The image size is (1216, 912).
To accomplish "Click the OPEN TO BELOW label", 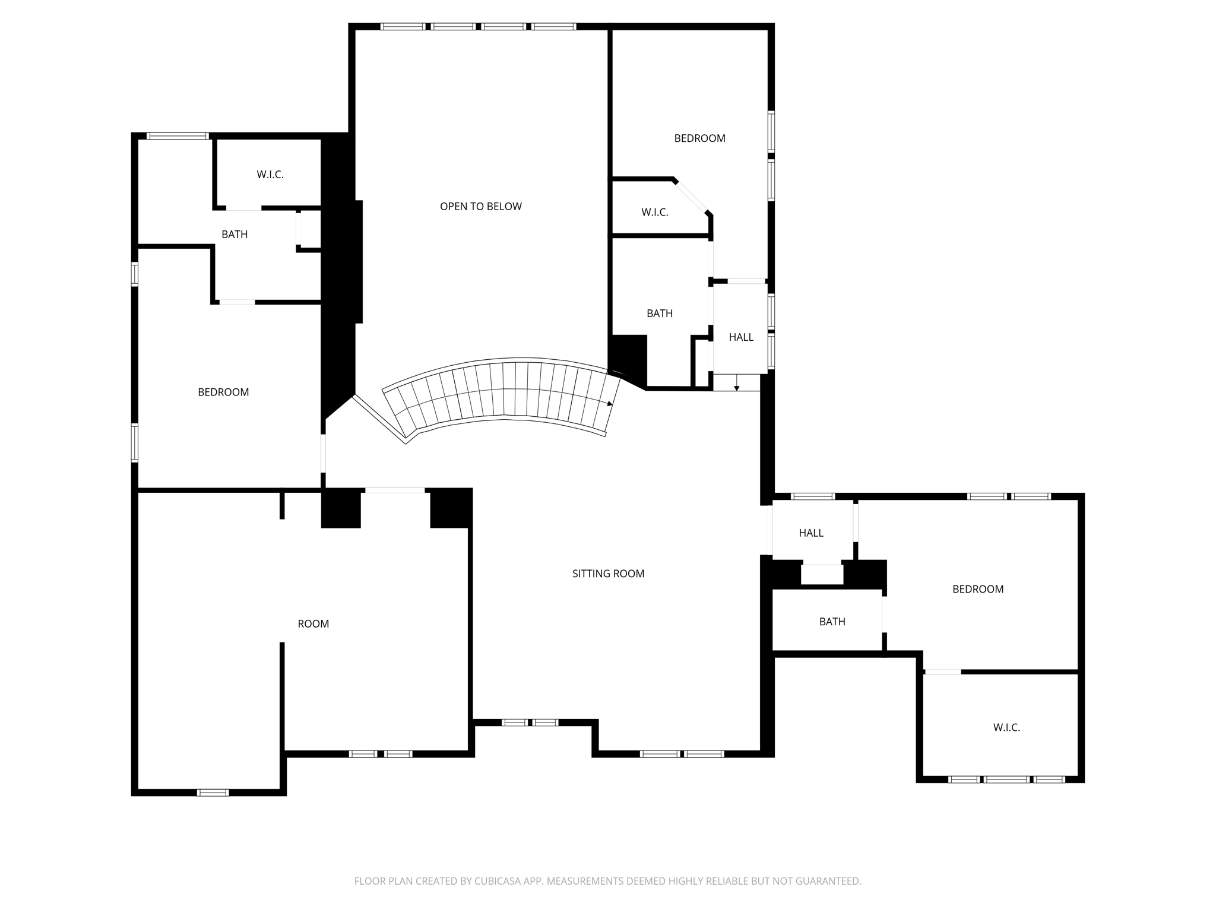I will [x=480, y=207].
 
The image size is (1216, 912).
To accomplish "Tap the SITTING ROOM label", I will [x=608, y=574].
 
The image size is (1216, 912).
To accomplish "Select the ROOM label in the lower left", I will [x=313, y=623].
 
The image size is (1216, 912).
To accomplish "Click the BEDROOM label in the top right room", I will [x=699, y=138].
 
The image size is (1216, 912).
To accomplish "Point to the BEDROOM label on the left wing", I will [x=223, y=392].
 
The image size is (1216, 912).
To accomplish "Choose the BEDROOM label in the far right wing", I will [x=977, y=589].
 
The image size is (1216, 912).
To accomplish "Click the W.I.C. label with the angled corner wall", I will [x=654, y=212].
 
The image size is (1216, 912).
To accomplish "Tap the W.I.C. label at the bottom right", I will [x=1006, y=727].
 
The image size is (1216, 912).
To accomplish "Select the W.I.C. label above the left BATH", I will [x=270, y=175].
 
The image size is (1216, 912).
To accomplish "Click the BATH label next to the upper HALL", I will [x=659, y=313].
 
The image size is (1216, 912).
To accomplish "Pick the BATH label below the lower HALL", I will [x=832, y=622].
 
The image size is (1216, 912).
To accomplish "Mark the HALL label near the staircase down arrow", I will [x=741, y=337].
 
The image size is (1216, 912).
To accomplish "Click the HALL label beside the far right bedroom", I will [x=810, y=533].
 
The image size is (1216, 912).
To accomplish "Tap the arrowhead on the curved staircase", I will [x=610, y=404].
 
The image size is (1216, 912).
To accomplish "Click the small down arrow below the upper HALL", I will [x=736, y=388].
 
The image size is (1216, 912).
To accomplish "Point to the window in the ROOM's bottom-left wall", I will [x=213, y=792].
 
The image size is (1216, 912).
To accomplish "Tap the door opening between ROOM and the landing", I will [x=395, y=490].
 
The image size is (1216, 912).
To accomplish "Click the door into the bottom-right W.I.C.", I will [x=942, y=672].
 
